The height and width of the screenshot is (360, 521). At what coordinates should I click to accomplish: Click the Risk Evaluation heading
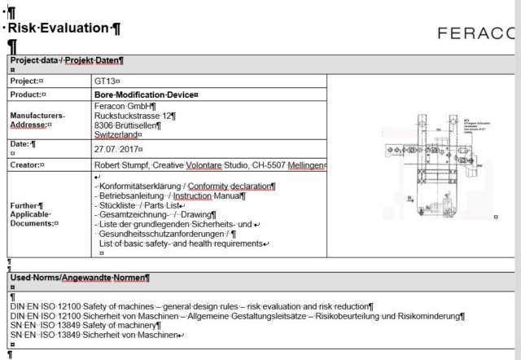click(x=64, y=29)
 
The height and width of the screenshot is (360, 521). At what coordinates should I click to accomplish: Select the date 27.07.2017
click(x=117, y=150)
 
